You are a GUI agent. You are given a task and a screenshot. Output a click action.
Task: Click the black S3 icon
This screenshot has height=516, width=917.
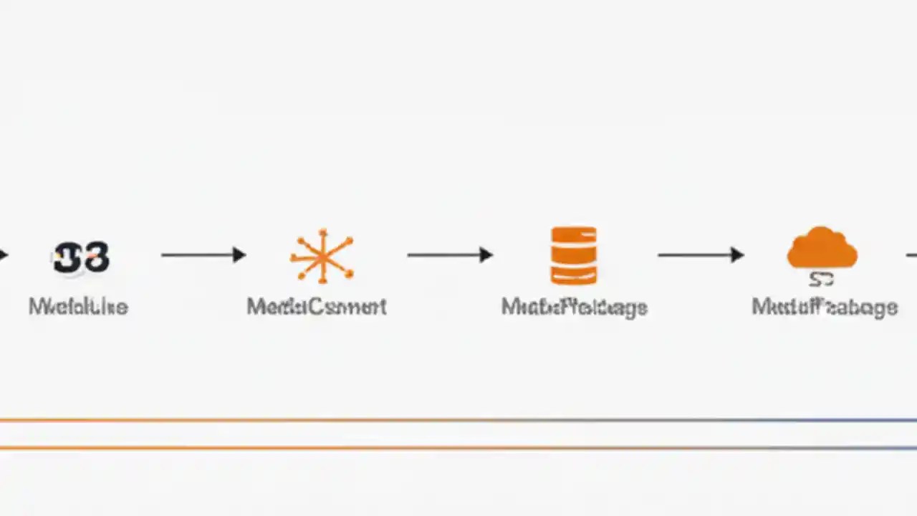click(x=81, y=257)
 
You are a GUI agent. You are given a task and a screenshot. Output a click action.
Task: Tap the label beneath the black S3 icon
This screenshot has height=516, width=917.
click(x=78, y=307)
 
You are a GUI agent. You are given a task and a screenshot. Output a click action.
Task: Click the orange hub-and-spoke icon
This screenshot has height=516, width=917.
click(x=322, y=256)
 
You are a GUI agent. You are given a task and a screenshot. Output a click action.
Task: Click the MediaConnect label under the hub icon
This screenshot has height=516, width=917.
click(x=317, y=307)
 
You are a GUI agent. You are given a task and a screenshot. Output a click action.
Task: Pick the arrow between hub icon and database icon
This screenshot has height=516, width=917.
click(x=449, y=254)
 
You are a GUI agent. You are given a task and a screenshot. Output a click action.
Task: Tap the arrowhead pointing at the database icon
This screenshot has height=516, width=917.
click(x=486, y=254)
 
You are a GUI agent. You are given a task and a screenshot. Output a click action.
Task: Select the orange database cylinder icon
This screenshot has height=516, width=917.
click(x=573, y=256)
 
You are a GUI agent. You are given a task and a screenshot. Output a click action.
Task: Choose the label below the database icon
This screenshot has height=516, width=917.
click(x=574, y=307)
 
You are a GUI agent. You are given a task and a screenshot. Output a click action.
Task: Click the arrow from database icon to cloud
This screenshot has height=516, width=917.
click(x=700, y=254)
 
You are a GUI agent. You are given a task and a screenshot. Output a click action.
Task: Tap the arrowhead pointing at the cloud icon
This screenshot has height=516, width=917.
click(x=737, y=254)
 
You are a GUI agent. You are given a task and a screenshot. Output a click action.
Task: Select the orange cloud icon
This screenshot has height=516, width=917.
click(x=822, y=248)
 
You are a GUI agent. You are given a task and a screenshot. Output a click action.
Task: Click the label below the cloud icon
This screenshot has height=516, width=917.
click(x=824, y=307)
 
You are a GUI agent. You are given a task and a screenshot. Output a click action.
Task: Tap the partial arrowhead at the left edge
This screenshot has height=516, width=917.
click(x=3, y=254)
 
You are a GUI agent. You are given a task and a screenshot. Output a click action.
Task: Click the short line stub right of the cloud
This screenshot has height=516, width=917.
click(x=911, y=254)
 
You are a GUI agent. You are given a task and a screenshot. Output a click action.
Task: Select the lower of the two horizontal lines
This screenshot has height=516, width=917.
click(x=458, y=448)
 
